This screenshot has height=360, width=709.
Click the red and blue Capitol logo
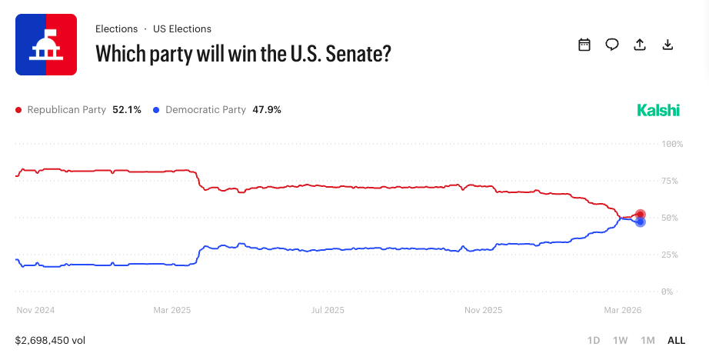click(x=46, y=45)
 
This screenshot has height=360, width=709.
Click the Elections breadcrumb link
click(x=116, y=28)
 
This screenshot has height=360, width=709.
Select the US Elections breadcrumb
click(x=181, y=28)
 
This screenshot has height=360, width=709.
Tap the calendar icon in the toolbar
click(x=584, y=45)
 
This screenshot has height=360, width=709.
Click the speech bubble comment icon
click(x=612, y=45)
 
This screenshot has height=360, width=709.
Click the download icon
click(x=667, y=45)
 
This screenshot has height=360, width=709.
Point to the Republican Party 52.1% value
click(x=127, y=110)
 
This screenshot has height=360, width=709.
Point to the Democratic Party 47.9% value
click(x=267, y=110)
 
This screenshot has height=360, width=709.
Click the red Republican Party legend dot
click(x=19, y=110)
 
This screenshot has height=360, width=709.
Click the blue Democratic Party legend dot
click(x=157, y=110)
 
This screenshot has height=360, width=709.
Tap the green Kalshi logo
click(x=658, y=110)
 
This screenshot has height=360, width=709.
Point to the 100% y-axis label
click(x=672, y=144)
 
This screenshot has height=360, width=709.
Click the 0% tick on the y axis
click(x=667, y=292)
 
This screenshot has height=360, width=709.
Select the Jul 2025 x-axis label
click(x=327, y=310)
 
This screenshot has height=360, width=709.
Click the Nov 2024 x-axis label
click(x=36, y=310)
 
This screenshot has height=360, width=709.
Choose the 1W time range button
click(x=620, y=340)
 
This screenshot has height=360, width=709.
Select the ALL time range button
click(x=676, y=340)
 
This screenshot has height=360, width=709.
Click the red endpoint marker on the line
click(x=640, y=215)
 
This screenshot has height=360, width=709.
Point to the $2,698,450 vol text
click(x=50, y=340)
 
